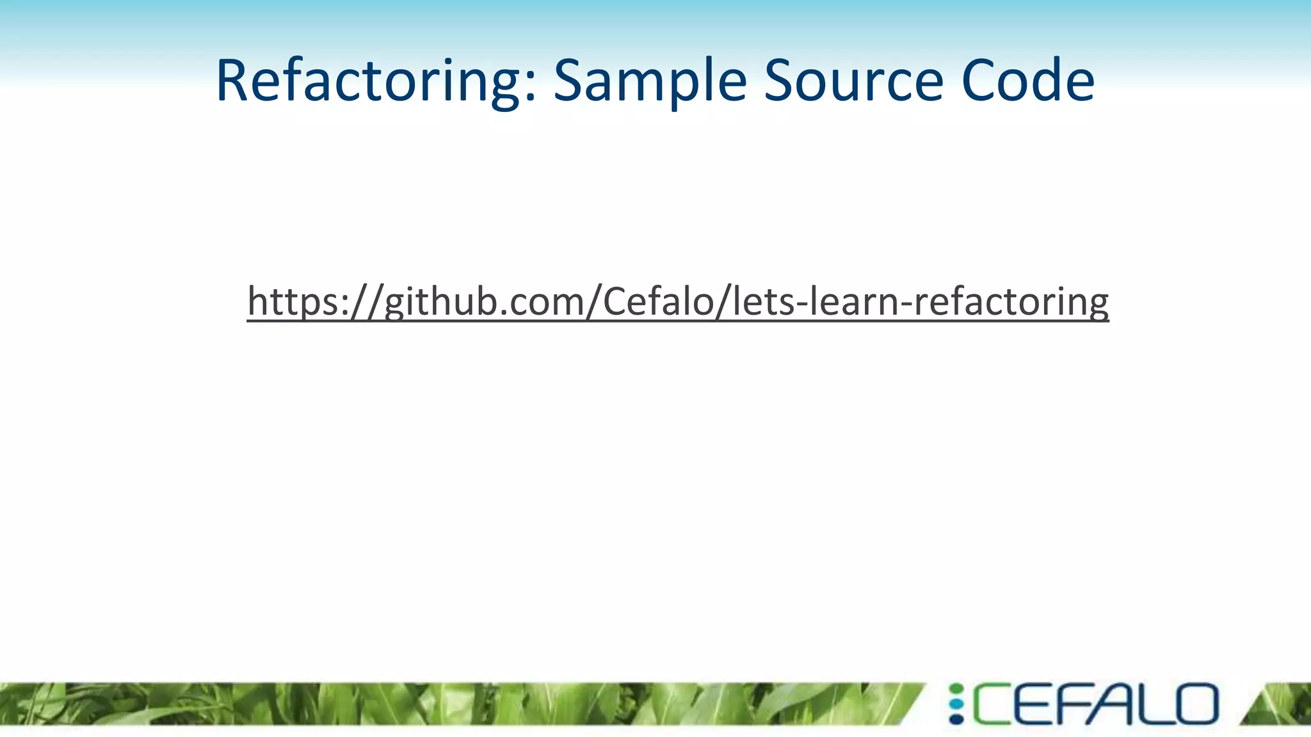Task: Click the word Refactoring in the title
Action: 371,81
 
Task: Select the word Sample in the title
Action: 649,81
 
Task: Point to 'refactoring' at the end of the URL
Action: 1011,302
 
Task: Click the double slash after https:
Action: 367,302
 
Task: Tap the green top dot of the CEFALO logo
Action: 956,689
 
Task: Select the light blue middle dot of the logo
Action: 956,704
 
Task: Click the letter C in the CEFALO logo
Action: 991,704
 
